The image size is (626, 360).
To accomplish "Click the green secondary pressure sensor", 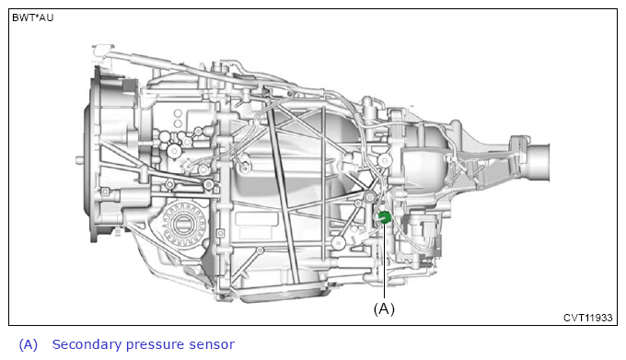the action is point(384,217).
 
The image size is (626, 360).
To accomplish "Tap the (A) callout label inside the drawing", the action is point(384,308).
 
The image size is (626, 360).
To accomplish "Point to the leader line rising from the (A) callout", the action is point(384,261).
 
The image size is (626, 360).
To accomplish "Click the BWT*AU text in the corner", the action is point(32,18).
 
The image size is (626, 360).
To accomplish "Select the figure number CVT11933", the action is point(587,318).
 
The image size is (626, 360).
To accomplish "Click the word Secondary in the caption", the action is point(87,344).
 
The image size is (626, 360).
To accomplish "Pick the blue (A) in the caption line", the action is point(29,344).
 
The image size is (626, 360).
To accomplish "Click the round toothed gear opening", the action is point(183,224).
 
